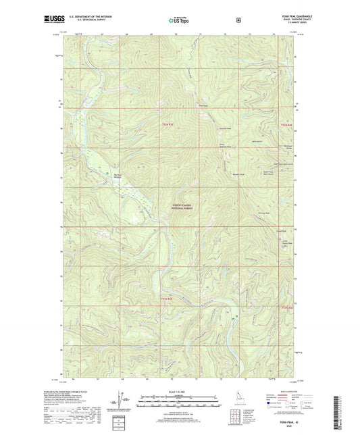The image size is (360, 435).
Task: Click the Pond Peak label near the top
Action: pyautogui.click(x=202, y=105)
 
